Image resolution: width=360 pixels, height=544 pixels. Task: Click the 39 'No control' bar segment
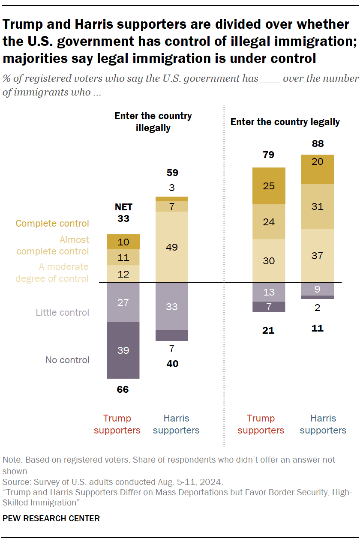(x=123, y=350)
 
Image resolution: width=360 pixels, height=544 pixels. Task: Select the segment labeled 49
(x=171, y=247)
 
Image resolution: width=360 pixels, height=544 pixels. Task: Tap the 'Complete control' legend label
(x=52, y=223)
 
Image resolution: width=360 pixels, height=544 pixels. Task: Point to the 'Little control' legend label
(x=62, y=312)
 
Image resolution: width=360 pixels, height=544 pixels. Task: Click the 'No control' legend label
(x=67, y=360)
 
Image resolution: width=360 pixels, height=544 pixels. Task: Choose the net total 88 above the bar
(x=318, y=143)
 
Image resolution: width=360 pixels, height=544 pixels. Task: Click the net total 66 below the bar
(x=123, y=389)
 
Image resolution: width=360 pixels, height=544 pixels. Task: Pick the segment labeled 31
(x=318, y=206)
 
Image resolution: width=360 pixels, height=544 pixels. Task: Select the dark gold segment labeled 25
(x=269, y=186)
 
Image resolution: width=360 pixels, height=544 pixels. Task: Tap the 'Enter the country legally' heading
(x=285, y=122)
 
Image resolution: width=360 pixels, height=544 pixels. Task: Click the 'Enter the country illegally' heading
(x=153, y=122)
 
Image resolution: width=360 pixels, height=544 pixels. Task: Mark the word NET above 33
(x=123, y=207)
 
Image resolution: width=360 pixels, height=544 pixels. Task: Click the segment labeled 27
(x=123, y=302)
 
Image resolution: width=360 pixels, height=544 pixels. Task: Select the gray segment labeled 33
(x=171, y=307)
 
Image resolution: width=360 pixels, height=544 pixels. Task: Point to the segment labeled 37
(x=318, y=256)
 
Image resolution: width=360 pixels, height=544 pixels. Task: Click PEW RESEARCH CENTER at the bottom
(x=51, y=518)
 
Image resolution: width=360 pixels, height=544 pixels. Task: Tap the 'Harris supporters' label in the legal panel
(x=323, y=424)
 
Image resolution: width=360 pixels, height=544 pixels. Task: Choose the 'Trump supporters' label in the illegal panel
(x=117, y=424)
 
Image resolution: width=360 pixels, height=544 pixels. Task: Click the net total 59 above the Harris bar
(x=171, y=173)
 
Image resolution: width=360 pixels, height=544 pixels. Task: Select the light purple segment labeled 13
(x=269, y=292)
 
